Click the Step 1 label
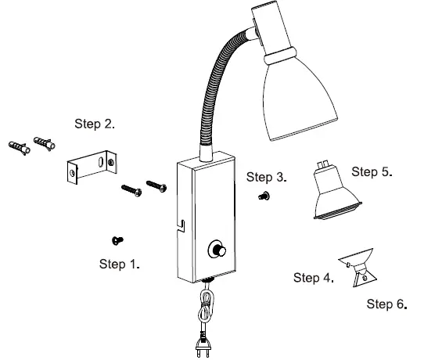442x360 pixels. [x=120, y=264]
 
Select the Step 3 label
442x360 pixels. [x=266, y=177]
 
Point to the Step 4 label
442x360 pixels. [x=314, y=278]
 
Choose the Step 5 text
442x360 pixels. [x=372, y=171]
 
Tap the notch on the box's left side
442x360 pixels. [x=180, y=226]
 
